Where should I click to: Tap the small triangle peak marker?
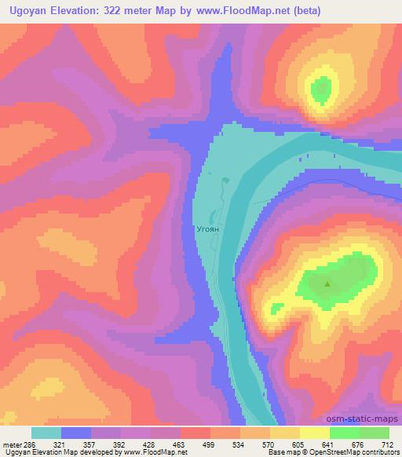(327, 285)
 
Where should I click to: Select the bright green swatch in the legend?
(344, 433)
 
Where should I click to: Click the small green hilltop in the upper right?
(320, 90)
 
